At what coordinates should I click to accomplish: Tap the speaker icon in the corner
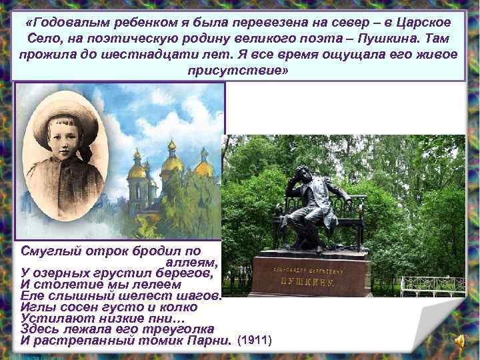coord(461,341)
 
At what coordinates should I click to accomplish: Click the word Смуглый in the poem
coord(52,251)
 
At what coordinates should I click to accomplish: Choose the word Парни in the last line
coord(211,341)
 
